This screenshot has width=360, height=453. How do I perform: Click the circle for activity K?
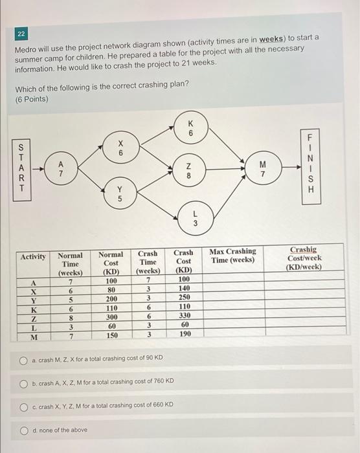(x=190, y=127)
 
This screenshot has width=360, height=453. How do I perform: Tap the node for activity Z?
(x=188, y=170)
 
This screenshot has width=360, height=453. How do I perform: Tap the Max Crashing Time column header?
(x=232, y=256)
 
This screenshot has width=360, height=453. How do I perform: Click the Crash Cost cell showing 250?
(x=183, y=300)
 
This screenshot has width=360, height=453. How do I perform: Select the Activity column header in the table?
(x=32, y=256)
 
